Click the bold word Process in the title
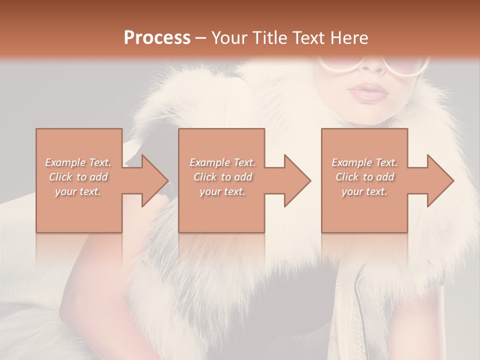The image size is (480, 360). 157,38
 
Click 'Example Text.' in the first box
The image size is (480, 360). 78,162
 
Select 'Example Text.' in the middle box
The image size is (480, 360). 222,162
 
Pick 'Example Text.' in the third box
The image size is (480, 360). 364,162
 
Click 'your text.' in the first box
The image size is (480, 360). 78,191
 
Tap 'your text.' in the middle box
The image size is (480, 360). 222,191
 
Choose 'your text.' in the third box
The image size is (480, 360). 364,191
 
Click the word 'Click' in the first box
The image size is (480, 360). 61,177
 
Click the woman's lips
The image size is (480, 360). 369,92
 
